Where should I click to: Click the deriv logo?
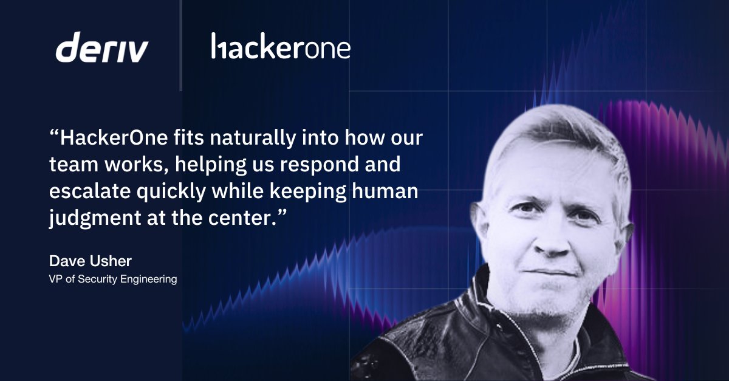[101, 48]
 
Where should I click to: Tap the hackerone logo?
[281, 47]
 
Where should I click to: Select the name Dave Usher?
[90, 261]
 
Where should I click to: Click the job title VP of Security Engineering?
[112, 280]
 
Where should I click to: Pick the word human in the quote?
[386, 192]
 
